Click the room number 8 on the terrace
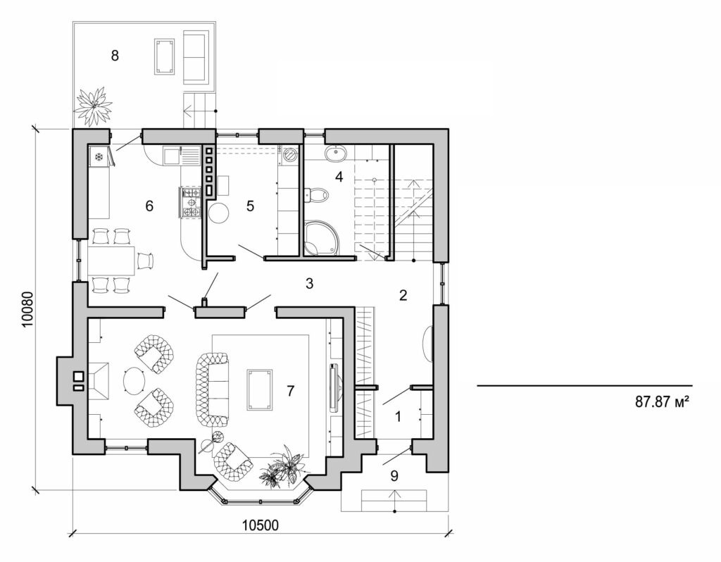(115, 56)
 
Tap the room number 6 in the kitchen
(149, 206)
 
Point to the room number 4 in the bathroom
(339, 176)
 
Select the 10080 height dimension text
(26, 308)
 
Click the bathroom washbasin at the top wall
(335, 152)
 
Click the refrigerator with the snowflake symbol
(100, 156)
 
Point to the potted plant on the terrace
(93, 106)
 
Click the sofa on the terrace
(197, 56)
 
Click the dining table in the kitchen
(111, 261)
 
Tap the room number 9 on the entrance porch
(394, 475)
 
